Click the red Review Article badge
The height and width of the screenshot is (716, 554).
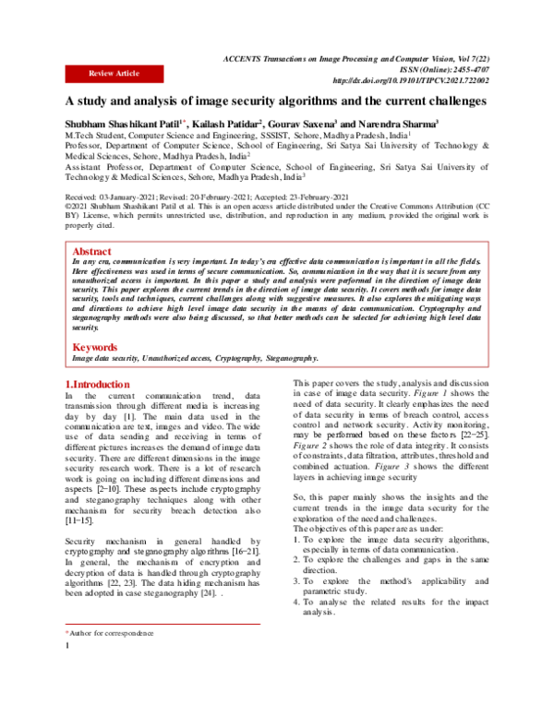[114, 72]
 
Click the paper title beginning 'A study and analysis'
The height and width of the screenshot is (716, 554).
[261, 102]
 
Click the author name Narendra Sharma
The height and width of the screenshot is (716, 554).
[396, 123]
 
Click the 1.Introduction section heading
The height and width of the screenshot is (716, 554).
[98, 383]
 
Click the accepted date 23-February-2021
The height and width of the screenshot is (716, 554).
[307, 197]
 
